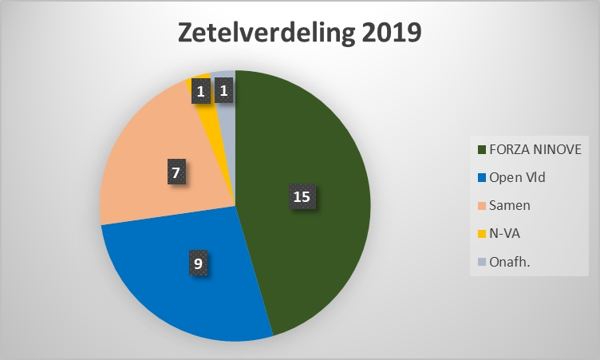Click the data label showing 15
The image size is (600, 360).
[302, 197]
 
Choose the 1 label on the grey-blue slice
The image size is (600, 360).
[224, 91]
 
